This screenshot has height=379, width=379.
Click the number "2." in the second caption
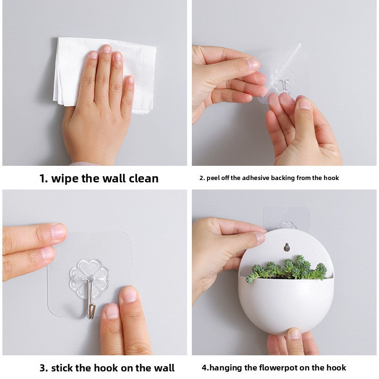(201, 178)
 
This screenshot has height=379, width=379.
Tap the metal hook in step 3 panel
(90, 303)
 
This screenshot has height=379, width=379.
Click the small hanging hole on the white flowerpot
(286, 247)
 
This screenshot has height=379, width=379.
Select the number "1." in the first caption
(44, 179)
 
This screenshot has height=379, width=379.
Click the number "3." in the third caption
(44, 368)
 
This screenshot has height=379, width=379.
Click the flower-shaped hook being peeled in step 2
(283, 80)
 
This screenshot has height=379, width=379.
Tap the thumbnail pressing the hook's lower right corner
(128, 296)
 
